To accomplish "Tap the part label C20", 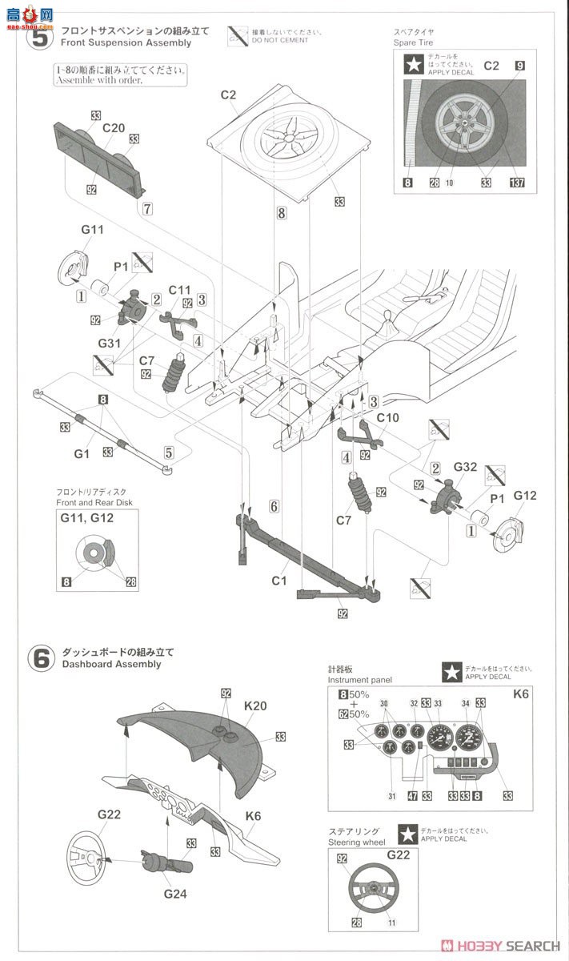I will [114, 127].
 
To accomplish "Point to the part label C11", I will [180, 290].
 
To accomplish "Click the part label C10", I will [387, 418].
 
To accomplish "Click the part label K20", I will [256, 706].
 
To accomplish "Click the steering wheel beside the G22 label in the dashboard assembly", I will [91, 858].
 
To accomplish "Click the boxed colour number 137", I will [518, 183].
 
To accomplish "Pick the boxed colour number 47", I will [412, 794].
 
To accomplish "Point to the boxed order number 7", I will [146, 208].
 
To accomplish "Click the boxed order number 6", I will [274, 506].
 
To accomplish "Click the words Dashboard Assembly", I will [109, 664].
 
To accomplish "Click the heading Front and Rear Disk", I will [94, 502].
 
